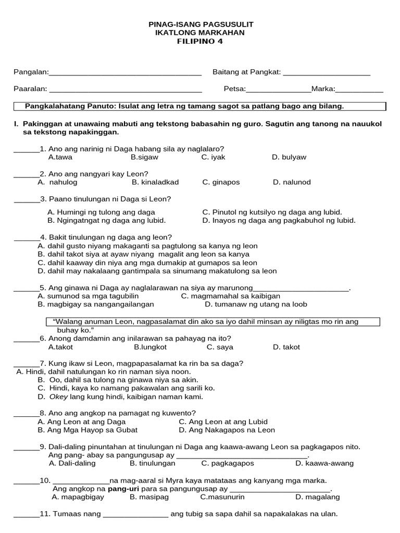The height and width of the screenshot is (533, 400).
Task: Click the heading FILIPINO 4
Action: click(200, 42)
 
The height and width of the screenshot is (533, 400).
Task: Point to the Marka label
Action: click(323, 89)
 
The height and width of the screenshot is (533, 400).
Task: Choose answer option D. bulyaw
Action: click(289, 157)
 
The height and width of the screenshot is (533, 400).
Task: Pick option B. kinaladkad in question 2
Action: click(155, 182)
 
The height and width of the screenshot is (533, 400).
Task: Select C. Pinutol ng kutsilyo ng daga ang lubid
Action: click(272, 212)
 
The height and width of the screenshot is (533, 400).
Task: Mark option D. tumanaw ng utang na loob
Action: click(256, 304)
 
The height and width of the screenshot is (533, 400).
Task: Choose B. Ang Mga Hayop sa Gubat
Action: click(87, 430)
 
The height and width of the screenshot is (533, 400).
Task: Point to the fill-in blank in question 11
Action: click(136, 516)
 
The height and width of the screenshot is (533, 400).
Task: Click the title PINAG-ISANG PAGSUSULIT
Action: click(201, 24)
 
